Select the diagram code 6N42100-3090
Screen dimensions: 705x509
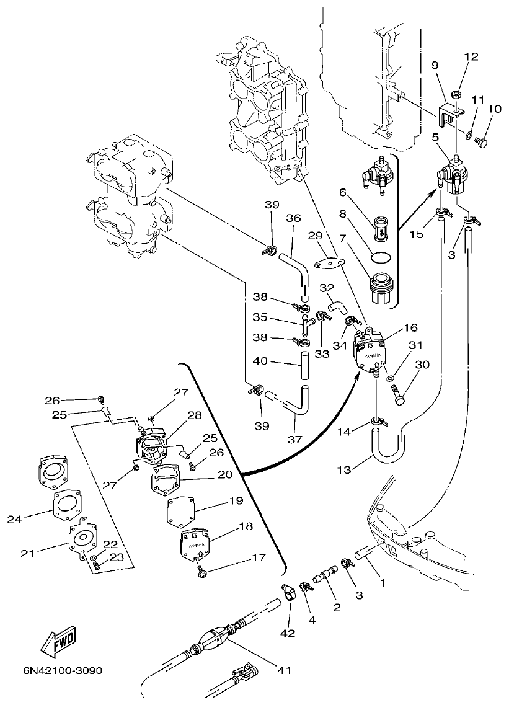(63, 672)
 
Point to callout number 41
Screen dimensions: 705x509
(284, 670)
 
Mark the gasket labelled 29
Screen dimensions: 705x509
(328, 264)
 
